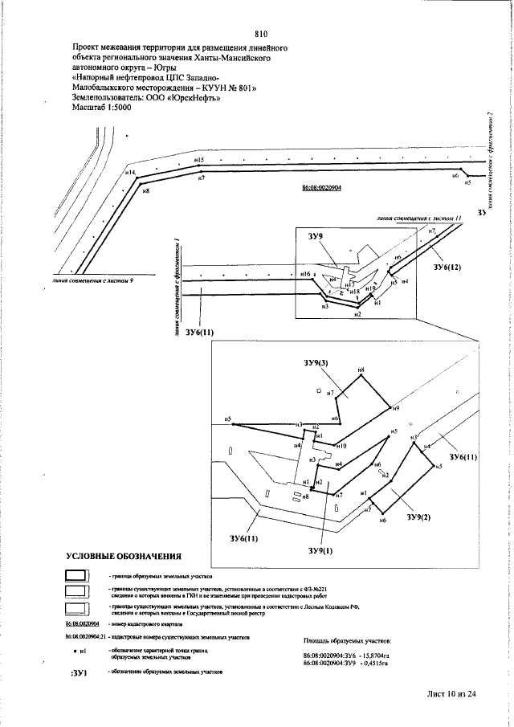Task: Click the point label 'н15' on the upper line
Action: pos(200,161)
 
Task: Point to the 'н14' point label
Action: pos(130,173)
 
